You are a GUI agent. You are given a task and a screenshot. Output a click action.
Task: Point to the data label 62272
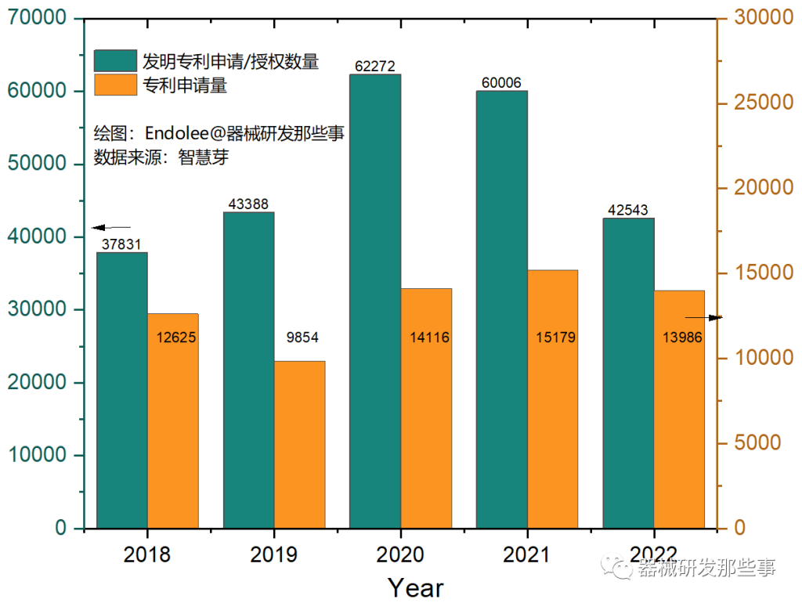coord(374,67)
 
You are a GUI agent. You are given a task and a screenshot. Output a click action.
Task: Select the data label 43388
coord(248,204)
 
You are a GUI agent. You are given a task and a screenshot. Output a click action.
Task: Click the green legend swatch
coord(115,60)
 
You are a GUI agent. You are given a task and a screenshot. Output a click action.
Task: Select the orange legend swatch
coord(115,85)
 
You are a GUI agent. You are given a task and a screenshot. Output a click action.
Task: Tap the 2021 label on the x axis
coord(526,554)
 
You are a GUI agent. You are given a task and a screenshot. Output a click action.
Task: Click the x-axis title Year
coord(416,587)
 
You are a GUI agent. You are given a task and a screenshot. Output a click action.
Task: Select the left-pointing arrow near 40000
coord(111,227)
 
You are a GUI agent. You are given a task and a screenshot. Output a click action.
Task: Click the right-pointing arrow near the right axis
coord(703,317)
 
